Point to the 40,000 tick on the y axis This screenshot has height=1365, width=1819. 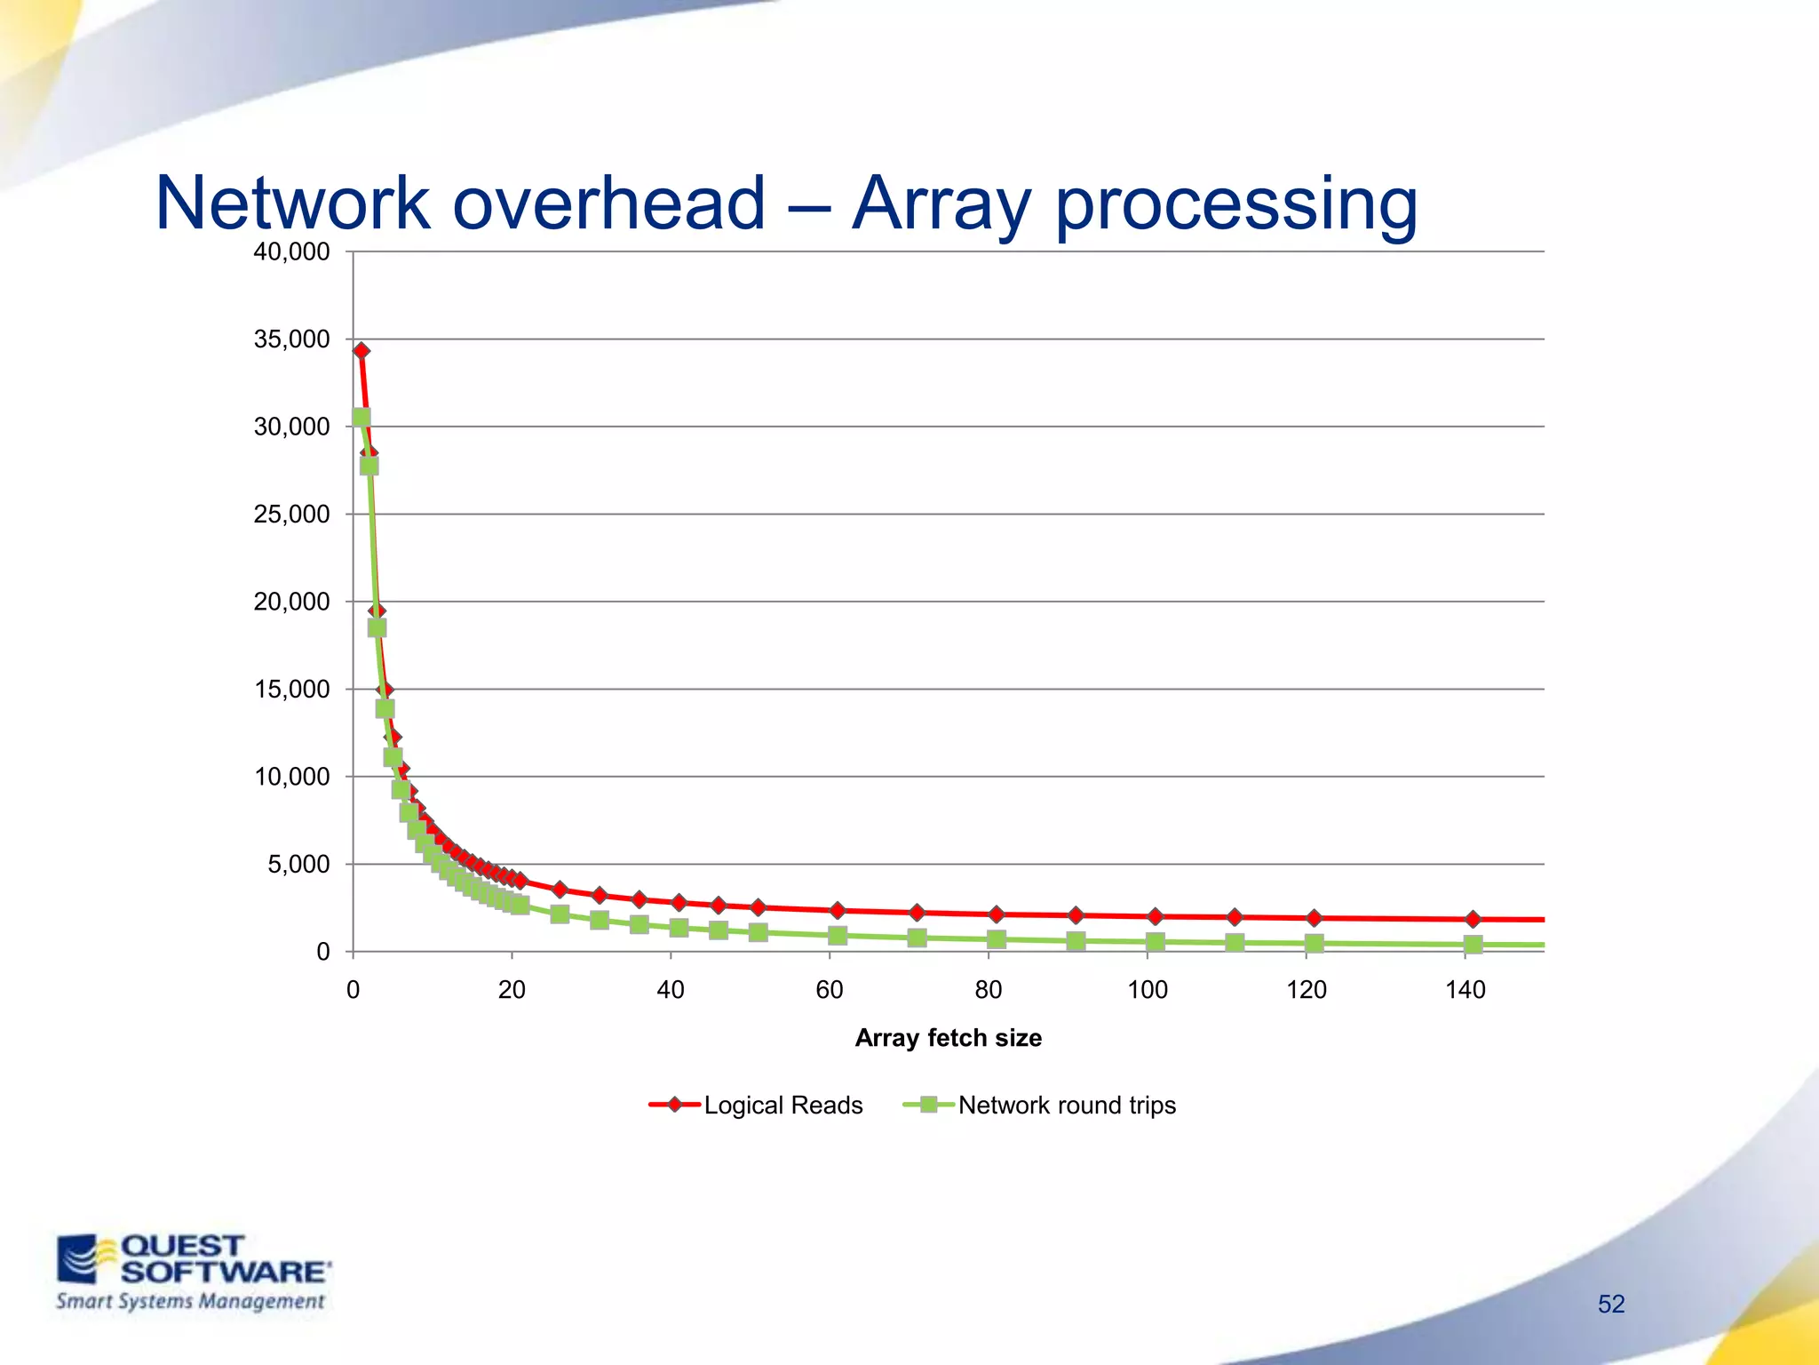291,252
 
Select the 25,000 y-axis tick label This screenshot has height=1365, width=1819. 291,515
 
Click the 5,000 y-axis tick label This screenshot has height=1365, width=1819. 298,865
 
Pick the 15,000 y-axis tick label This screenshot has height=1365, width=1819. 291,690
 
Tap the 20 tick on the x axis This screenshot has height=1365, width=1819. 512,990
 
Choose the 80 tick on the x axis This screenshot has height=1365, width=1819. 989,990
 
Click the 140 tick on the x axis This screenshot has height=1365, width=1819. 1465,990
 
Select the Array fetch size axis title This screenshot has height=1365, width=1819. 948,1038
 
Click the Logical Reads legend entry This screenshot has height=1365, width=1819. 782,1106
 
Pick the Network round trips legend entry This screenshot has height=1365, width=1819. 1066,1106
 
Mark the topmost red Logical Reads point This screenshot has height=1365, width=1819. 361,351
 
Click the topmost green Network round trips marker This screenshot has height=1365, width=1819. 361,418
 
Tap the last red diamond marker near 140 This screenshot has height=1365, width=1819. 1473,919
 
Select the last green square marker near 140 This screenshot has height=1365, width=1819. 1473,945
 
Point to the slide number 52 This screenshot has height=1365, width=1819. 1610,1304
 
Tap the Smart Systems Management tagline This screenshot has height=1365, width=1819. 190,1302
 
